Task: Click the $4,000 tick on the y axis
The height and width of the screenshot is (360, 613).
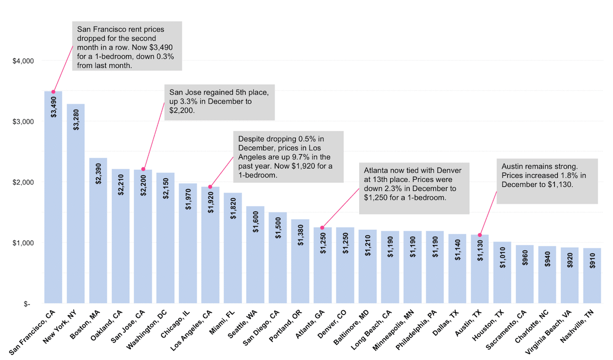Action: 23,61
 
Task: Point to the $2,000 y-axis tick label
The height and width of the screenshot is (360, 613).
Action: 23,182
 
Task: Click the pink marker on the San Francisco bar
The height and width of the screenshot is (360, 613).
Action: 53,92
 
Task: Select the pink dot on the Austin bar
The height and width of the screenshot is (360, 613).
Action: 480,235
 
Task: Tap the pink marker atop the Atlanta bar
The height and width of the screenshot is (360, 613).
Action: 322,228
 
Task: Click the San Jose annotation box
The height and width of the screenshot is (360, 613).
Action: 219,102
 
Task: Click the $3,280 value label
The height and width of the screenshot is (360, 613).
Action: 76,119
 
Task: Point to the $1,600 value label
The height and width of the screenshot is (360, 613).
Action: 255,221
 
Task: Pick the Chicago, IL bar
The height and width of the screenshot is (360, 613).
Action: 188,245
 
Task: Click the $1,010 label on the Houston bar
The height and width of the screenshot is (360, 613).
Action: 502,258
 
